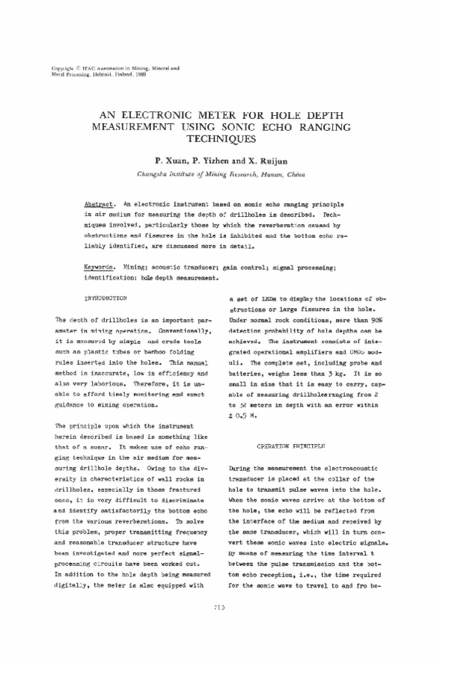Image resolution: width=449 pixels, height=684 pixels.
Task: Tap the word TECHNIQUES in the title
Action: [x=224, y=139]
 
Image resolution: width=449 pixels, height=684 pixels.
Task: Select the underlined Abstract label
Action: [x=99, y=203]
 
